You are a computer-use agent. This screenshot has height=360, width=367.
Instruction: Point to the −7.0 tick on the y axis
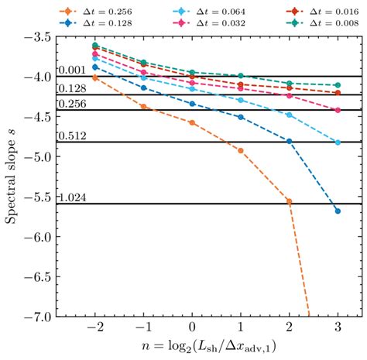[x=34, y=316]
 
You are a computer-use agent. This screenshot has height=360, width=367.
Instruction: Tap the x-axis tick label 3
[x=337, y=328]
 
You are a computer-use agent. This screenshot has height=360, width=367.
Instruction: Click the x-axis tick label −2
[x=94, y=328]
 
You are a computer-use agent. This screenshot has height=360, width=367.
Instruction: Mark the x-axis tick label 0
[x=192, y=328]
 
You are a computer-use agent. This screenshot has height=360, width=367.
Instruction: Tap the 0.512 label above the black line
[x=72, y=136]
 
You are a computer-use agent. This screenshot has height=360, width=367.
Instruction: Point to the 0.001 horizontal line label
[x=72, y=70]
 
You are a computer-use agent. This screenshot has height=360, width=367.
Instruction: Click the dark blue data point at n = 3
[x=337, y=211]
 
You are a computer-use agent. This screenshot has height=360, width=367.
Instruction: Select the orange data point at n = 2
[x=289, y=201]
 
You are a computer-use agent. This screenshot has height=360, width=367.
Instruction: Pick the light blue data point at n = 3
[x=337, y=142]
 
